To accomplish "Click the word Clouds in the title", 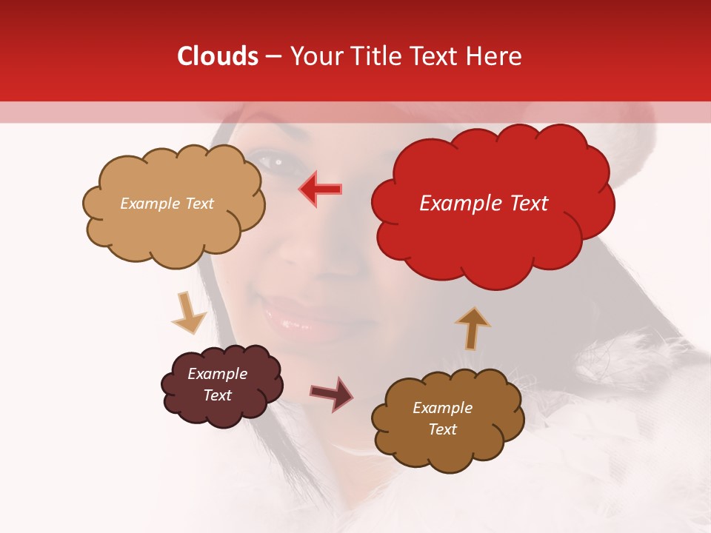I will [218, 56].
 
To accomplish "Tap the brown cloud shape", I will [447, 452].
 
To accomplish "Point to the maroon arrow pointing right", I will [331, 393].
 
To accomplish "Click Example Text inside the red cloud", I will [484, 204].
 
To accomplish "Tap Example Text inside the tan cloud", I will [167, 204].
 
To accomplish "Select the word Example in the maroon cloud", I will [217, 374].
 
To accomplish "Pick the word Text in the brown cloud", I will [442, 429].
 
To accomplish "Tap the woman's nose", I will [311, 252].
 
